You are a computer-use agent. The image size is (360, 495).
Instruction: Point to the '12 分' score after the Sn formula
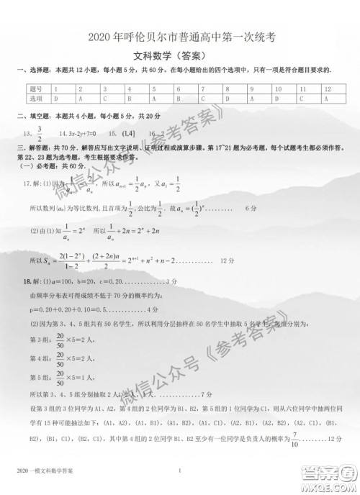click(x=226, y=261)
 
